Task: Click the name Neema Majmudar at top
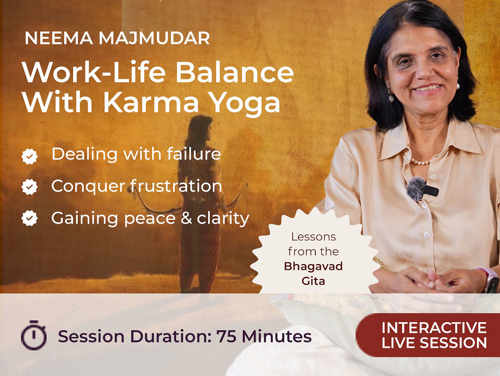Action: [x=117, y=38]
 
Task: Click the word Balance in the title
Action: [x=234, y=72]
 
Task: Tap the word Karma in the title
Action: [x=151, y=102]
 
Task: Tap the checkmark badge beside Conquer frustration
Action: [x=29, y=187]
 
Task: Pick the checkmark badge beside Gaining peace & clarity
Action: [x=29, y=218]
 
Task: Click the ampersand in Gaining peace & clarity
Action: [x=186, y=218]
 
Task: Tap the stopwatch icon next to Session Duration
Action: [x=33, y=335]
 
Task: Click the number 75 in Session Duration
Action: [x=226, y=336]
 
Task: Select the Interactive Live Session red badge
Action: [x=428, y=335]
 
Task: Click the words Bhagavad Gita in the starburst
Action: [x=313, y=273]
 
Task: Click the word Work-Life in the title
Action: [x=94, y=72]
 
